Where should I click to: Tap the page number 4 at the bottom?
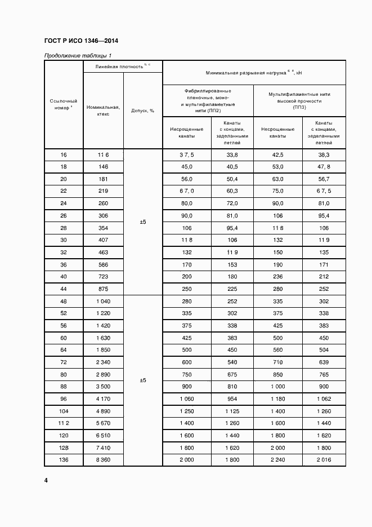click(x=46, y=480)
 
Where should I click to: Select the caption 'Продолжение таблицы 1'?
click(x=78, y=55)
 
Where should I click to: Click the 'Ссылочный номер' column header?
click(x=64, y=104)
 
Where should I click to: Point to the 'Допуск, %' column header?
click(x=143, y=110)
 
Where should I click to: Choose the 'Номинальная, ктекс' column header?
click(x=103, y=110)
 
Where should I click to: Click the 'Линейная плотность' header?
click(x=123, y=67)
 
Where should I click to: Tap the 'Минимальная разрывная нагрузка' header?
click(x=254, y=72)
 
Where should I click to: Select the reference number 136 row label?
click(x=64, y=460)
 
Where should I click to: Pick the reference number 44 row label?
click(x=64, y=289)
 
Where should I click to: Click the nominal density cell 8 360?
click(x=103, y=460)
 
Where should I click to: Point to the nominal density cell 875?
click(x=103, y=289)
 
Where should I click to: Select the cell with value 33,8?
click(x=232, y=155)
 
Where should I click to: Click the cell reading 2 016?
click(x=324, y=460)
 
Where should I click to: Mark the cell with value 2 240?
click(x=277, y=460)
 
